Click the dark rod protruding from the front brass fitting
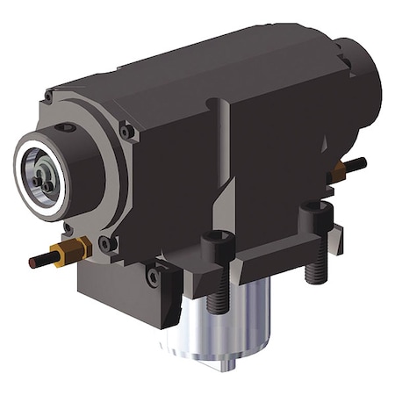tap(39, 262)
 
